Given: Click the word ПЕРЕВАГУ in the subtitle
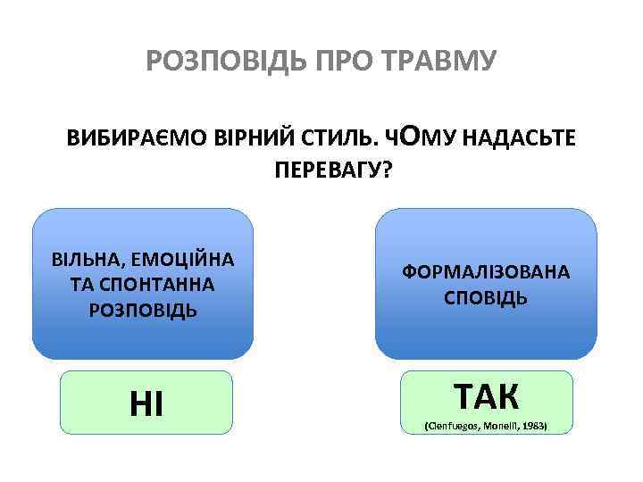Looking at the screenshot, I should (x=315, y=170).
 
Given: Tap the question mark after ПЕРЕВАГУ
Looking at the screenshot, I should (x=386, y=170).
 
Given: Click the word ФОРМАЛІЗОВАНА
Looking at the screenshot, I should (x=486, y=272).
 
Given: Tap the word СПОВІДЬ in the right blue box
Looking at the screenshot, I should (x=486, y=297).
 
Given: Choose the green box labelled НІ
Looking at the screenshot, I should (x=146, y=403).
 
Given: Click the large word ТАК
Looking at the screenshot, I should (x=486, y=394).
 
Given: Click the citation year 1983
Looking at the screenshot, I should (x=530, y=425).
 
